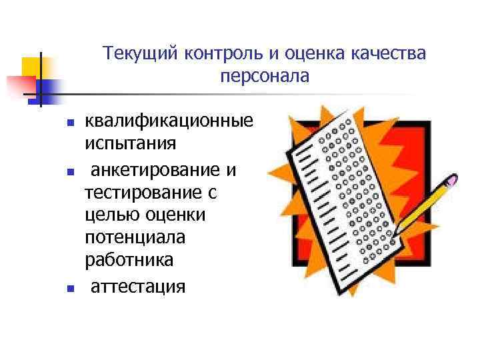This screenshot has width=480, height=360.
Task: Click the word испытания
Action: pyautogui.click(x=130, y=143)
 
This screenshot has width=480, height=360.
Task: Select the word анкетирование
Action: pyautogui.click(x=157, y=171)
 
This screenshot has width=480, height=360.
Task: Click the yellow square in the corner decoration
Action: pyautogui.click(x=31, y=67)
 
